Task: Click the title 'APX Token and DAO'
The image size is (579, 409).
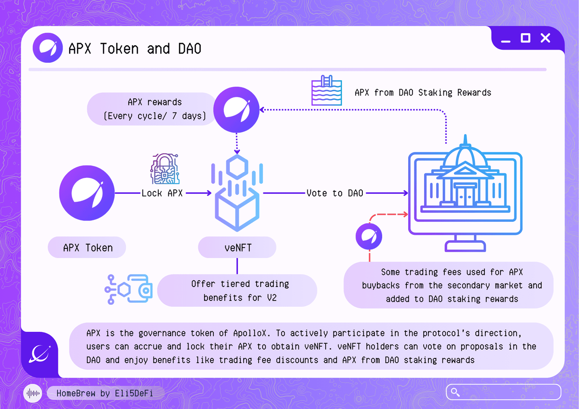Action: tap(135, 49)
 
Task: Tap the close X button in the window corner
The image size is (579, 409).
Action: tap(545, 38)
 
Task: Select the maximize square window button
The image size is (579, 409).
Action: tap(525, 38)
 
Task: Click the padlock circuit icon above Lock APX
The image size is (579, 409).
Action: tap(163, 169)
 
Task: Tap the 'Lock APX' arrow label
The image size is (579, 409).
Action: tap(162, 193)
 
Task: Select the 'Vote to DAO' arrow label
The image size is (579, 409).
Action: tap(335, 193)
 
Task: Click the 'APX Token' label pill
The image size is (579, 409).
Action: tap(87, 248)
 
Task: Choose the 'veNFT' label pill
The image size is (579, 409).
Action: tap(237, 248)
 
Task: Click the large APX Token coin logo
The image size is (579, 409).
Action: tap(87, 193)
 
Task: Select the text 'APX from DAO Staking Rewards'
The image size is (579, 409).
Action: tap(423, 93)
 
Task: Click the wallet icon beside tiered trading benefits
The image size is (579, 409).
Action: tap(129, 289)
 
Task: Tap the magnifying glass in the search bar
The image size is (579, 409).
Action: tap(455, 392)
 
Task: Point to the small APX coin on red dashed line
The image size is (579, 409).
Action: tap(369, 236)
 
